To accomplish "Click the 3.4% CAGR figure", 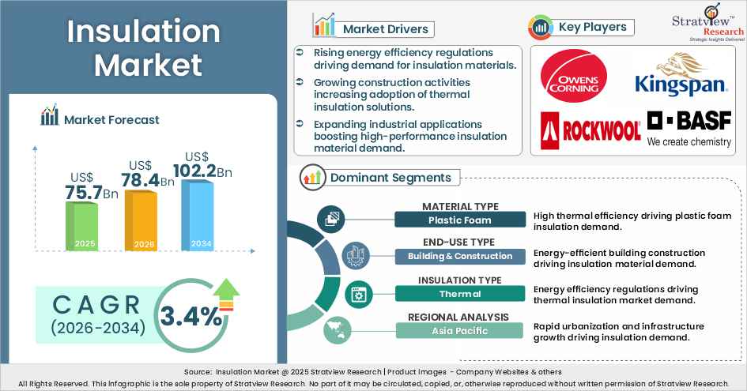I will click(x=191, y=316).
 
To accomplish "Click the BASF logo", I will click(x=689, y=129).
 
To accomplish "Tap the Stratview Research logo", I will click(x=696, y=21).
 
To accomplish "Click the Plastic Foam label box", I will click(x=459, y=220).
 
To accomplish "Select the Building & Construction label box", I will click(x=459, y=256).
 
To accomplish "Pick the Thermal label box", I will click(x=459, y=294).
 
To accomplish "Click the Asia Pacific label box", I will click(x=459, y=330).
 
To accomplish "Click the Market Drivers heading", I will click(x=385, y=29).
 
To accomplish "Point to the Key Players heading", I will click(x=592, y=27).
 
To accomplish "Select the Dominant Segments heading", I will click(x=390, y=178).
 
